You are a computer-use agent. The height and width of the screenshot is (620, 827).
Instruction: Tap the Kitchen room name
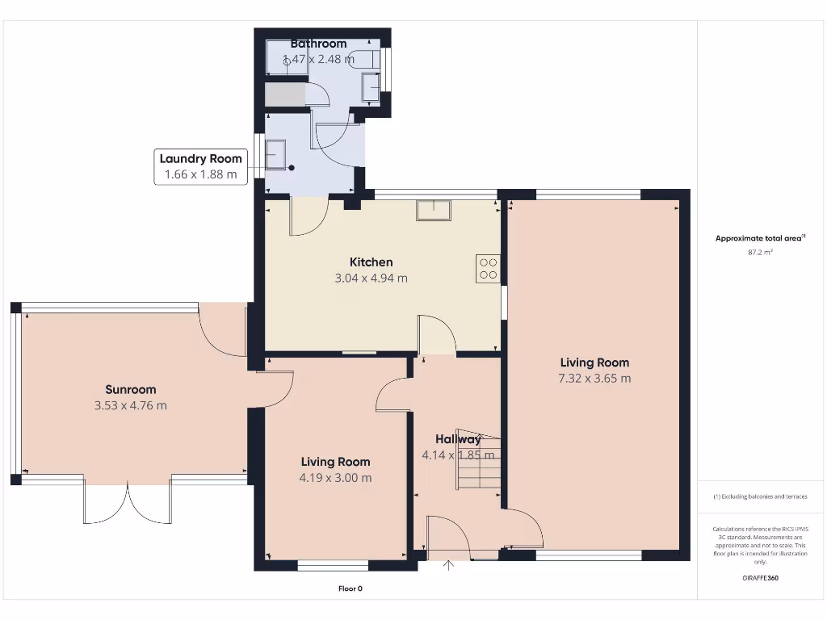[371, 262]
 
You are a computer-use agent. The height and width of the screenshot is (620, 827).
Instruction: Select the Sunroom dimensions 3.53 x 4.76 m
[130, 405]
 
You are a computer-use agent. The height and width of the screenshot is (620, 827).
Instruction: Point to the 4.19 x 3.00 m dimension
[336, 478]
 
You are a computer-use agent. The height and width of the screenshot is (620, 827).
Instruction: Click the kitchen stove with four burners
[488, 267]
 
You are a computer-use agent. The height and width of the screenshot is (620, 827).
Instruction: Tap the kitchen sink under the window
[434, 210]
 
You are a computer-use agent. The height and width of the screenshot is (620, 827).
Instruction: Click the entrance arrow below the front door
[449, 565]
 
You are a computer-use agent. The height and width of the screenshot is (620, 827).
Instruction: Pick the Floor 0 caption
[350, 589]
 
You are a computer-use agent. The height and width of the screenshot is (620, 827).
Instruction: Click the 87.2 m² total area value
[760, 253]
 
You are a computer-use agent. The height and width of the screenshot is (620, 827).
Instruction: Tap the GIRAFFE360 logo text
[760, 578]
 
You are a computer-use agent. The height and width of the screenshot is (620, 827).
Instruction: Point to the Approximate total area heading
[759, 238]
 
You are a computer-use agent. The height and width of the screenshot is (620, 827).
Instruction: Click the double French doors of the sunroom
[127, 502]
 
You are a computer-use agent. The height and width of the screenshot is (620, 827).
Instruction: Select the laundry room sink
[275, 153]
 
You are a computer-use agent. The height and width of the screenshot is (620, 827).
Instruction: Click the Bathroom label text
[318, 44]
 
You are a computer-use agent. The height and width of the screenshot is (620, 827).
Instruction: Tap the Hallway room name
[458, 439]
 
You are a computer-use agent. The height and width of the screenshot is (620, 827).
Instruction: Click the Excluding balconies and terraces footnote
[760, 496]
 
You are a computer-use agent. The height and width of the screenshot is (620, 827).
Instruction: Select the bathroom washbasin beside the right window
[371, 86]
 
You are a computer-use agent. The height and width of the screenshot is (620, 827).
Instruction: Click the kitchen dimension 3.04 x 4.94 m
[371, 279]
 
